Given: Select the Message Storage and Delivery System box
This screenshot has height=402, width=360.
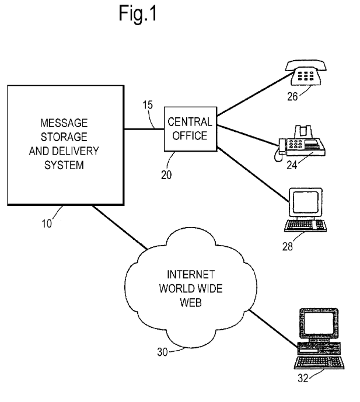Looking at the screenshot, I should [67, 144].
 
